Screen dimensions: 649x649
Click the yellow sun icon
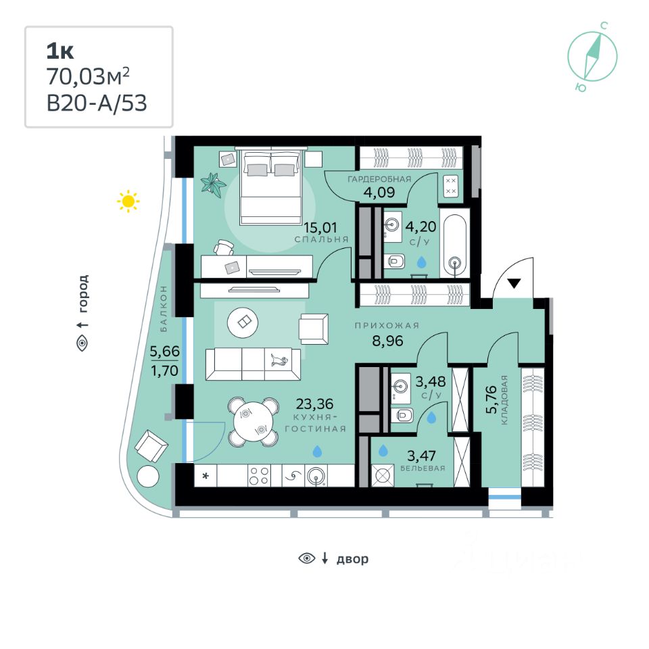pos(128,201)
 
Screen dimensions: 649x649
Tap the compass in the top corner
pos(592,57)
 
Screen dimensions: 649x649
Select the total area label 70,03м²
pos(88,76)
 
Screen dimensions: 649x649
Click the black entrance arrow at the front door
pos(514,283)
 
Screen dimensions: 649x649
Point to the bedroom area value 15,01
pos(320,227)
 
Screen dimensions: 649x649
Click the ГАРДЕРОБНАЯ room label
pos(379,179)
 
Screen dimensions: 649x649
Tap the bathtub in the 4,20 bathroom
pos(454,244)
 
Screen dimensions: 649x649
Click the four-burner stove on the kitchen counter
pos(259,475)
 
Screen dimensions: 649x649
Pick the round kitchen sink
pos(316,476)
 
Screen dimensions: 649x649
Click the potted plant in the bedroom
pos(213,183)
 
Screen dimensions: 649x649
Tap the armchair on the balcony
pos(151,446)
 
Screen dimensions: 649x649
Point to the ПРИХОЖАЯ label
pos(387,326)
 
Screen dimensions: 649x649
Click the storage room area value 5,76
pos(491,400)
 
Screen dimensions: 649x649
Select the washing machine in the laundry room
pos(383,475)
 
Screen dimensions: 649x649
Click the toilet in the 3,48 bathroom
pos(402,414)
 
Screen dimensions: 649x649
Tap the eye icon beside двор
pos(307,558)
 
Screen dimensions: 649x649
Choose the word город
pos(83,293)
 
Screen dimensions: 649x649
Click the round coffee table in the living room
pos(243,322)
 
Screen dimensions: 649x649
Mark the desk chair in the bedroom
pos(224,247)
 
